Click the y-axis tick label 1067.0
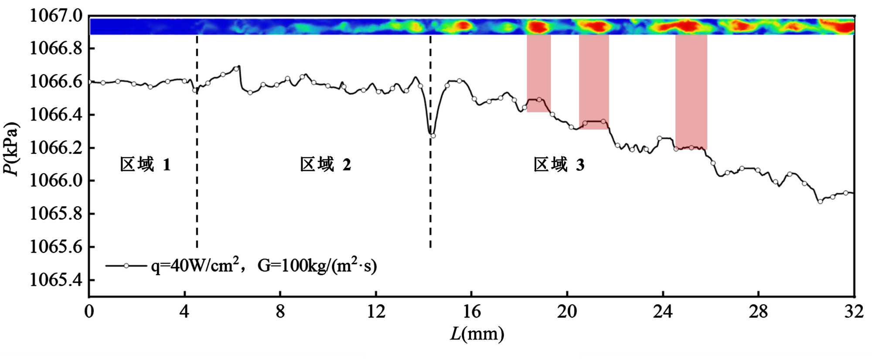coord(56,16)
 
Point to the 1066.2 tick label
coord(56,148)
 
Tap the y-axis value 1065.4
coord(56,280)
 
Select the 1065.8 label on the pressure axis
coord(56,214)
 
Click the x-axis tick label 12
coord(376,312)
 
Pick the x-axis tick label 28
coord(758,312)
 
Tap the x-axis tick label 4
coord(184,312)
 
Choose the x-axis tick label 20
coord(567,312)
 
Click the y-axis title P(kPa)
coord(11,149)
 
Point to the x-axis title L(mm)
coord(477,335)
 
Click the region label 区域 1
coord(145,165)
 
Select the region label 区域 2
coord(325,165)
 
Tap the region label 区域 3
coord(559,165)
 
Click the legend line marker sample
coord(126,266)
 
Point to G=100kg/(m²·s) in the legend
coord(317,265)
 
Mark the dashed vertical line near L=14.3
coord(430,209)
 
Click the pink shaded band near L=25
coord(691,92)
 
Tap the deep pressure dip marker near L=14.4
coord(433,136)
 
